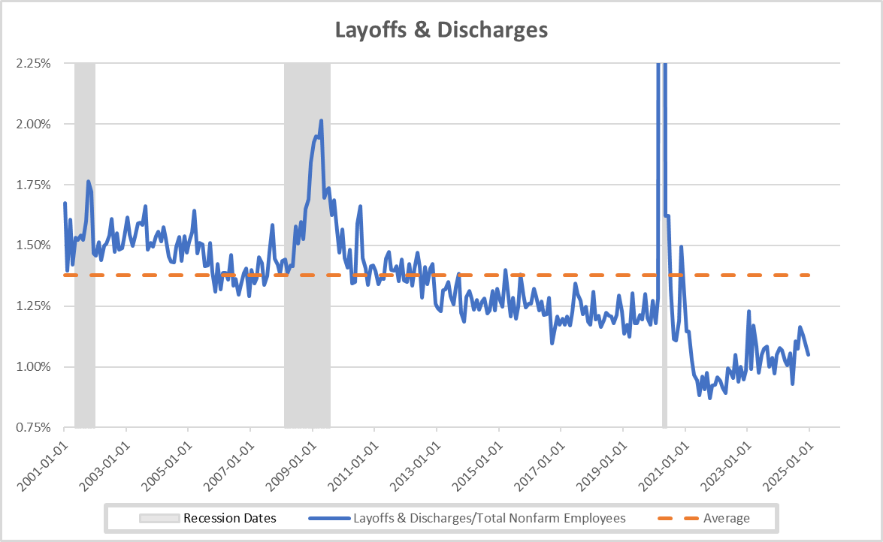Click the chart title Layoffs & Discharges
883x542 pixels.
click(x=441, y=30)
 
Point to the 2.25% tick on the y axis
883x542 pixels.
click(x=33, y=63)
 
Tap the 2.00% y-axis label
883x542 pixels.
click(x=33, y=124)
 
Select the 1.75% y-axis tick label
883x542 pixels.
click(x=33, y=185)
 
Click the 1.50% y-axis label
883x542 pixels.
click(x=33, y=245)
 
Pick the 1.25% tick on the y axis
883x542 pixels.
click(x=33, y=306)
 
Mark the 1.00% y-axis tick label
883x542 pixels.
click(x=33, y=367)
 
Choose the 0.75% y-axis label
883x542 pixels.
click(x=33, y=428)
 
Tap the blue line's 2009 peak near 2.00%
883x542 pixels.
click(x=321, y=120)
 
